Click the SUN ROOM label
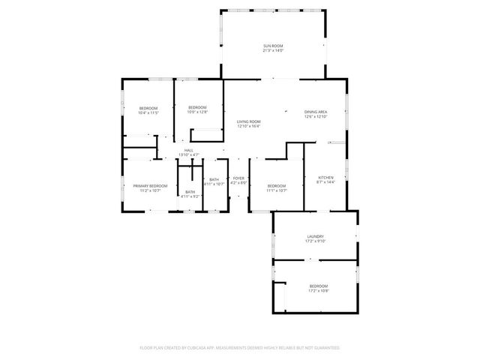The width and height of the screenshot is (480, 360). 272,46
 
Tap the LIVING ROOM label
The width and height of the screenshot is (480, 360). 248,121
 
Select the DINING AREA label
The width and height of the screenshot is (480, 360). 315,112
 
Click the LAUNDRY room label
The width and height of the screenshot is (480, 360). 314,236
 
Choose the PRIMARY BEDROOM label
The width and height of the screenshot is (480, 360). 150,185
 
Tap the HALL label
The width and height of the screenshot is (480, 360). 189,150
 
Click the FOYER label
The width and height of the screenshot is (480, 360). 238,178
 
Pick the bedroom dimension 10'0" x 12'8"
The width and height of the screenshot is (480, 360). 197,111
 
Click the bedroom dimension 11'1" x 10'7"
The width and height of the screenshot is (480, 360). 277,190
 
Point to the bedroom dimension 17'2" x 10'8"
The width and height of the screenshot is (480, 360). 318,290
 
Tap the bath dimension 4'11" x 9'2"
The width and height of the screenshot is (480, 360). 190,196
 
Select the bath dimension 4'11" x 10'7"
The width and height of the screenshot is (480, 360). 214,184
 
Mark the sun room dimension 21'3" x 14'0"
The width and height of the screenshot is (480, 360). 272,52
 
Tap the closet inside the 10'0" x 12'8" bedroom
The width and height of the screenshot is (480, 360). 208,136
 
